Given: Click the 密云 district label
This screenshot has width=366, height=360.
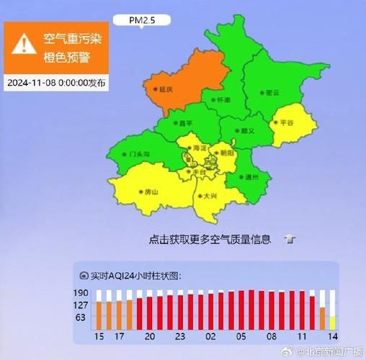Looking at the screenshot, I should point(270,92).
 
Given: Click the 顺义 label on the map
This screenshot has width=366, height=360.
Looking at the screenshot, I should point(246,132).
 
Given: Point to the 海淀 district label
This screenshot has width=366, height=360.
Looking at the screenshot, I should point(198,148).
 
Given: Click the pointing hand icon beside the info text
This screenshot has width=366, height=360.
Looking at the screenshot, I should point(289,238).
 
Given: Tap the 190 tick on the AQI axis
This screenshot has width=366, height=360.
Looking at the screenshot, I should point(81,292).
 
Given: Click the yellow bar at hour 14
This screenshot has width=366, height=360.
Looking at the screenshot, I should point(332,321).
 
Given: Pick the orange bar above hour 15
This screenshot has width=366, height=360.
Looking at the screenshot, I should point(100,314).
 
